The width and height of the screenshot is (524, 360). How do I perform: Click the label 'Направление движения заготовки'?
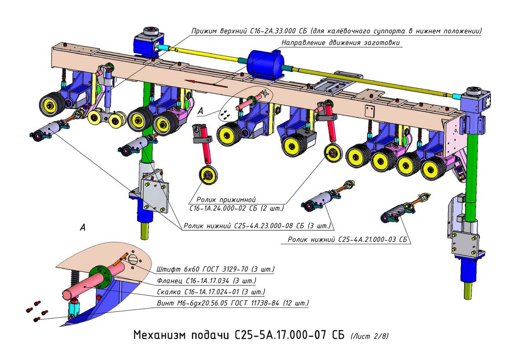pos(341,43)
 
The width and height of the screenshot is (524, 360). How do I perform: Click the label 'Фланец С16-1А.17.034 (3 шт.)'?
pos(207,281)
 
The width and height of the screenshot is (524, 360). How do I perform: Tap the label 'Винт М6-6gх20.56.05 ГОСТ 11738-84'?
pos(233,304)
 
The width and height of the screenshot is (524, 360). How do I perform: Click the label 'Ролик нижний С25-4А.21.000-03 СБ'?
pos(349,240)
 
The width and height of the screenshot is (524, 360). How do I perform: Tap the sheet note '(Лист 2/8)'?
pos(369,336)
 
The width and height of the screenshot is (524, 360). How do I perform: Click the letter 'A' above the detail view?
pos(83,228)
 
